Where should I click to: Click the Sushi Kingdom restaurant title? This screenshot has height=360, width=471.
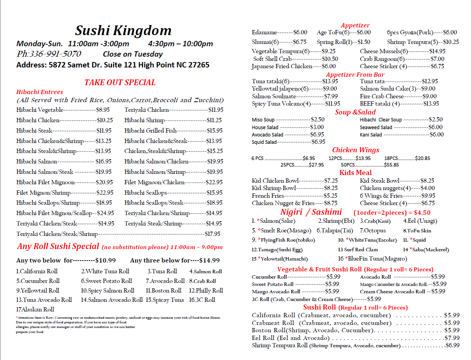click(x=123, y=30)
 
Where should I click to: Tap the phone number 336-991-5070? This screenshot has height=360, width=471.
click(x=49, y=54)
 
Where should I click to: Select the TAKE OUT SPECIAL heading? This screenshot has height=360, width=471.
click(x=120, y=82)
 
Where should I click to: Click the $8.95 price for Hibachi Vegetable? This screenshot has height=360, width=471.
click(x=103, y=110)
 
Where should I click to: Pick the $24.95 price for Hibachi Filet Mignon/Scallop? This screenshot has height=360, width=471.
click(x=106, y=213)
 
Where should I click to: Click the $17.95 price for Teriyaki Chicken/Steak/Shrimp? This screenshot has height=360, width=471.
click(x=212, y=234)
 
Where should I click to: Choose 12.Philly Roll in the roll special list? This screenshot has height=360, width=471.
click(x=206, y=291)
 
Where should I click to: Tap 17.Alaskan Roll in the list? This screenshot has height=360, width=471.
click(x=35, y=309)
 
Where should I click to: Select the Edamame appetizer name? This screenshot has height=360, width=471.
click(x=264, y=33)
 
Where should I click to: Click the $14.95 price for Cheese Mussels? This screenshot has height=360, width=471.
click(x=437, y=51)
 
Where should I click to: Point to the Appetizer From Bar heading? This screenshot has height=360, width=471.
click(x=355, y=74)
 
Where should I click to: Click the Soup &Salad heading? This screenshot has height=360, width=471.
click(x=355, y=112)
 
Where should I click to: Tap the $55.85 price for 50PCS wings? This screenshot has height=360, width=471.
click(x=391, y=165)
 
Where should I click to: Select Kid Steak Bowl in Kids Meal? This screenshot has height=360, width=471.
click(x=380, y=181)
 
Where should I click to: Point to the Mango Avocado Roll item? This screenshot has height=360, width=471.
click(x=276, y=292)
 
